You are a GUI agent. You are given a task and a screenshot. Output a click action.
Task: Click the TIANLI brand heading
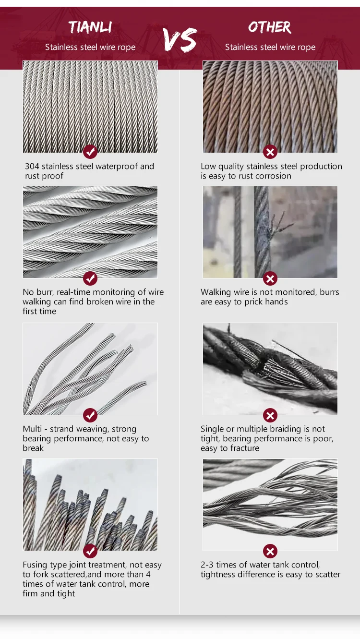click(x=90, y=27)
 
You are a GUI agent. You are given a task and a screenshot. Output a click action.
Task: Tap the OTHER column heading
click(x=270, y=27)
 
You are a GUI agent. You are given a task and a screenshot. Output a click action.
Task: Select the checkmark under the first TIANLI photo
click(x=90, y=152)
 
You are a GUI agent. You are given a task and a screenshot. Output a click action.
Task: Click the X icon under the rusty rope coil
click(x=270, y=152)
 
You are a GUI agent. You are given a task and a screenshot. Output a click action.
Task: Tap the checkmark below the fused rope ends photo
click(x=90, y=551)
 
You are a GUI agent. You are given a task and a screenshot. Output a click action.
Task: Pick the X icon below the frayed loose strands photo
click(x=270, y=551)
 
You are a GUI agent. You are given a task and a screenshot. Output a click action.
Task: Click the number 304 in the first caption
click(x=32, y=167)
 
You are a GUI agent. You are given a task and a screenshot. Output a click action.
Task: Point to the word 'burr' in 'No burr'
click(x=44, y=292)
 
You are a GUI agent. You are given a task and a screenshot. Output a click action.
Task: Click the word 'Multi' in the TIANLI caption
click(x=32, y=429)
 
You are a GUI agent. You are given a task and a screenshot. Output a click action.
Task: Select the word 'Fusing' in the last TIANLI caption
click(x=36, y=565)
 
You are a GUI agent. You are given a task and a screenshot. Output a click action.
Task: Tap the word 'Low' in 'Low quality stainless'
click(x=208, y=167)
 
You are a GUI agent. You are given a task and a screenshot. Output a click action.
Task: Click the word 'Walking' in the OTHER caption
click(x=216, y=292)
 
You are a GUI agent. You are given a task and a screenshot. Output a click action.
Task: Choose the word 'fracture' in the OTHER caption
click(x=243, y=448)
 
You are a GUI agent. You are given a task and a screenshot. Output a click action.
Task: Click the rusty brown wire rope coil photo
click(x=270, y=107)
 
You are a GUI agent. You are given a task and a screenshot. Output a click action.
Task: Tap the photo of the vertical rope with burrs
click(x=270, y=232)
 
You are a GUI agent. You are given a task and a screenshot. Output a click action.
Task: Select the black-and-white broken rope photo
click(x=270, y=369)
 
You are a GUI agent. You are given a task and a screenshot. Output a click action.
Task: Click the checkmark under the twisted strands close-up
click(x=90, y=278)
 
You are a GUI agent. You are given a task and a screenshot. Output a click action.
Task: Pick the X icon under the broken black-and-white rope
click(x=270, y=415)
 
